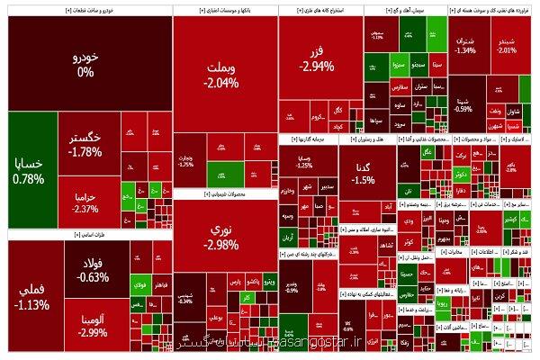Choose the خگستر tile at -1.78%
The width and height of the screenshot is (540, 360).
[85, 144]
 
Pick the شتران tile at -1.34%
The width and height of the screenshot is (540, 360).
[465, 45]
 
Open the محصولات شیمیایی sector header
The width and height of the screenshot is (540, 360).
[225, 193]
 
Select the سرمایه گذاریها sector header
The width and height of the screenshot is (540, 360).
[307, 141]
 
